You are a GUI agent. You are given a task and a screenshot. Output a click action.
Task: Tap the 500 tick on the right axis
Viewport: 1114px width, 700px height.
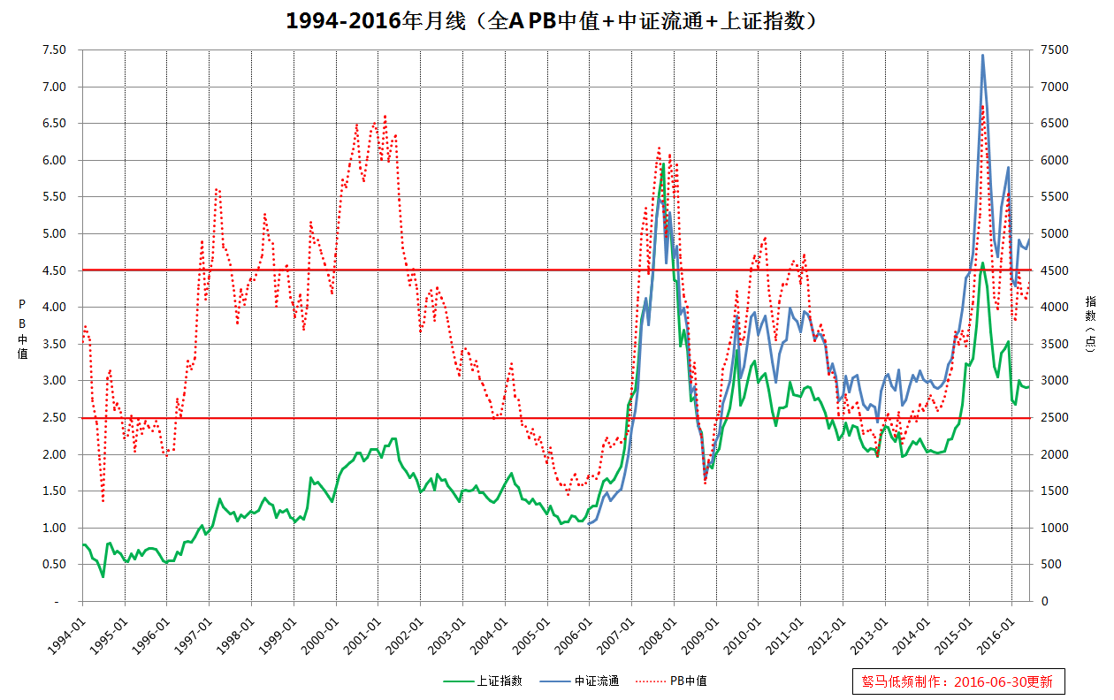[1052, 565]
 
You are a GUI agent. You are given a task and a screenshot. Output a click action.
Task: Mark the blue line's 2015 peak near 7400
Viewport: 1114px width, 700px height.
[982, 56]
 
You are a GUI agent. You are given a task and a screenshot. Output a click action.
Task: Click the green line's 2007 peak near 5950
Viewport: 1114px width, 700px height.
[663, 164]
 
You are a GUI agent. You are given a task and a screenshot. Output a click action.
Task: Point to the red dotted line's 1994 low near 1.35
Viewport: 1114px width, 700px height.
[103, 501]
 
